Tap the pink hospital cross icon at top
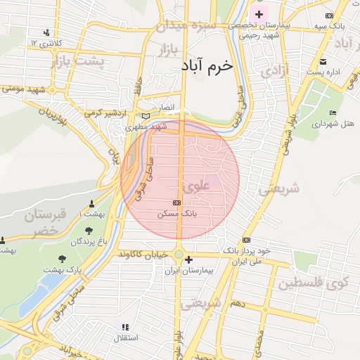tap(259, 14)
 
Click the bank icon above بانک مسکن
tap(176, 202)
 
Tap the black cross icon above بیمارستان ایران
tap(188, 260)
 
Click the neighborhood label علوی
tap(195, 188)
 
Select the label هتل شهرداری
tap(332, 123)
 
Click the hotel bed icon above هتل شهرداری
tap(333, 113)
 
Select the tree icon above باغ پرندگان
tap(89, 231)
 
